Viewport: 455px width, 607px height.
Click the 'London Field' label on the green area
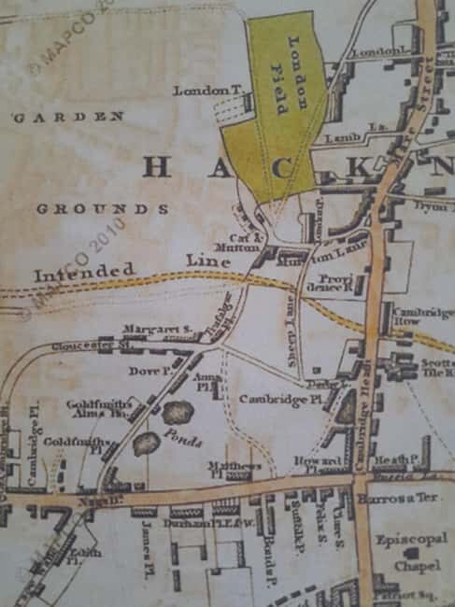click(286, 76)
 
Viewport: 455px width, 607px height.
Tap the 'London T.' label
click(201, 92)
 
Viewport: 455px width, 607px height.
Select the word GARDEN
click(68, 118)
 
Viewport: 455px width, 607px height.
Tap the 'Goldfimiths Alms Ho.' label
click(93, 409)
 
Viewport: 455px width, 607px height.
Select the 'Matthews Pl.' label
click(235, 470)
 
